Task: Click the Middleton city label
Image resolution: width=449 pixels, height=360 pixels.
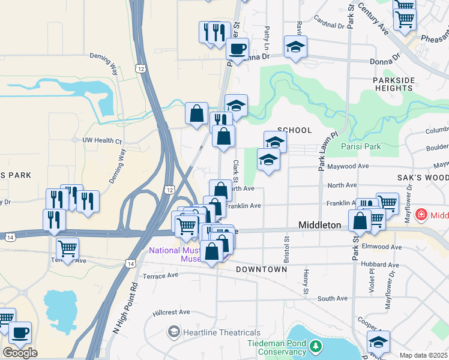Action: [320, 225]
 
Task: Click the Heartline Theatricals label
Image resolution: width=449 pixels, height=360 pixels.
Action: [222, 332]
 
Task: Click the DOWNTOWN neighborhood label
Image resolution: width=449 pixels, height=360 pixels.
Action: [261, 269]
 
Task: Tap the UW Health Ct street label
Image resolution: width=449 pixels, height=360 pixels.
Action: [102, 140]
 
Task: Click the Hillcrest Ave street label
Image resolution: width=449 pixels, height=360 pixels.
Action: [171, 312]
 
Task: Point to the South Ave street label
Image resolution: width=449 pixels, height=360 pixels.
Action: [333, 298]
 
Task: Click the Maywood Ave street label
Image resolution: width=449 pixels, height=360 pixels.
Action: [348, 166]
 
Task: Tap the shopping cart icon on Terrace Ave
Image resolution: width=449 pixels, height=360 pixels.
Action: [67, 248]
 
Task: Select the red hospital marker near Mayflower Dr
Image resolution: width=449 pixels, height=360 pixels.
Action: [421, 215]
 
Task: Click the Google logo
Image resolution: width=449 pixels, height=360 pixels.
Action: [20, 353]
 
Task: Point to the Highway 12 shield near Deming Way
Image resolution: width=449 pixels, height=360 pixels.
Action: [140, 68]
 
